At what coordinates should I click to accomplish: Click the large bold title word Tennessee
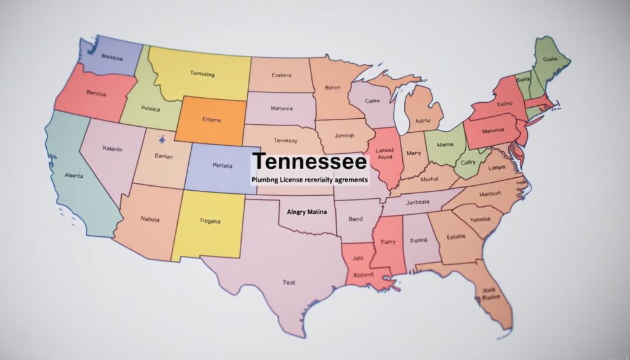(x=309, y=162)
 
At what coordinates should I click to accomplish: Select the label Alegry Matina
(x=307, y=212)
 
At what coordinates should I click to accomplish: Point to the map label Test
(x=289, y=282)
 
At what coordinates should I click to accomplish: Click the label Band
(x=355, y=218)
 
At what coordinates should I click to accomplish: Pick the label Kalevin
(x=112, y=149)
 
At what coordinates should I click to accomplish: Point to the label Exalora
(x=281, y=76)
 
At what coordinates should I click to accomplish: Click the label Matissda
(x=282, y=108)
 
